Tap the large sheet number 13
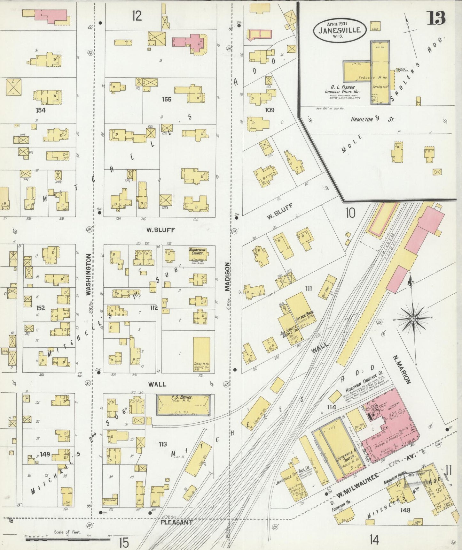point(437,18)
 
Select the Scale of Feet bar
point(68,539)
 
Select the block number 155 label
point(167,99)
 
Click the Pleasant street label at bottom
point(176,523)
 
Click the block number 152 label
point(41,308)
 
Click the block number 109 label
point(270,110)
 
